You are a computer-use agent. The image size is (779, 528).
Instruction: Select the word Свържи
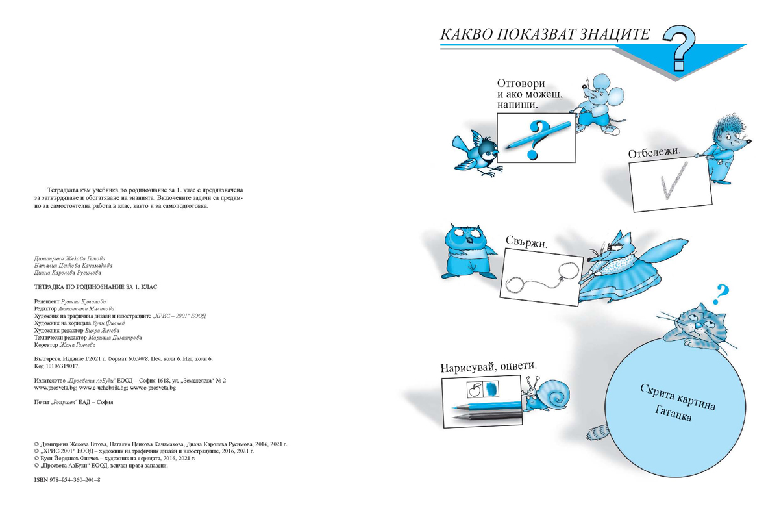(526, 243)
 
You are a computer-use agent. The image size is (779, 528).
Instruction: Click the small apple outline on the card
(474, 390)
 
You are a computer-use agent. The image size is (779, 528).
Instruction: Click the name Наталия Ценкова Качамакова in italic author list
(72, 265)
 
